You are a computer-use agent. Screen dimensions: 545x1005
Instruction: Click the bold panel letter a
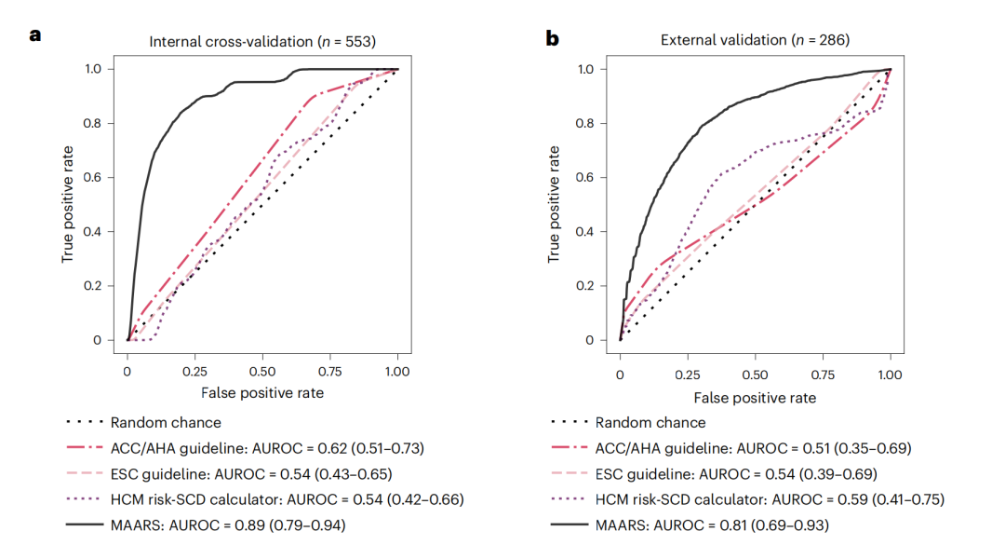coord(36,36)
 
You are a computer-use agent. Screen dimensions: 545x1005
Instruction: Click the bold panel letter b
coord(553,37)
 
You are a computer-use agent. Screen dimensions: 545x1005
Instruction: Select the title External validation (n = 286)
coord(755,40)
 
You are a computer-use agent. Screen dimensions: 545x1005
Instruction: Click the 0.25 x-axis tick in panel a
coord(195,371)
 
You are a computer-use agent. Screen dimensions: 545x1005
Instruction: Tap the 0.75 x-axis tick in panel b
coord(823,374)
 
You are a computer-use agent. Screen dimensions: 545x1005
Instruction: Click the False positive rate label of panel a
coord(262,393)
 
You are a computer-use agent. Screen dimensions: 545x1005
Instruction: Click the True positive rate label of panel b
coord(556,203)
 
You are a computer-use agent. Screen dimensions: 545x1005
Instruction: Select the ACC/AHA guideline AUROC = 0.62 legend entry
coord(267,448)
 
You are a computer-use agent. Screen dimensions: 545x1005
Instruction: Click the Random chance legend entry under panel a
coord(166,422)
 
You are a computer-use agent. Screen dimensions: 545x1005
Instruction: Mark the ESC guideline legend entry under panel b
coord(736,473)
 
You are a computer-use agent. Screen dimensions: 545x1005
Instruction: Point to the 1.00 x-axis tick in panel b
coord(890,374)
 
